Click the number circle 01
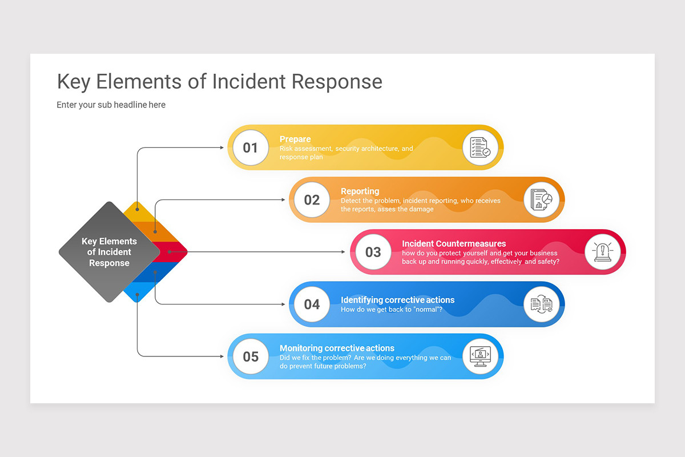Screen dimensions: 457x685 (x=251, y=147)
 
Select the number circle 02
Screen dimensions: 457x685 (x=312, y=199)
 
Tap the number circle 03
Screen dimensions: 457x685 (x=373, y=252)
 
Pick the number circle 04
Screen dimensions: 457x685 (x=312, y=304)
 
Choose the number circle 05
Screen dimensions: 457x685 (x=251, y=356)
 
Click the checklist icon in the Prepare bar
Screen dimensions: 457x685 (x=480, y=147)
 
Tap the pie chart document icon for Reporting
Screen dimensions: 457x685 (x=541, y=199)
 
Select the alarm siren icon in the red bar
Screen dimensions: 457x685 (x=602, y=252)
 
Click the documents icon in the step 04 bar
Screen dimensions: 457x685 (x=541, y=304)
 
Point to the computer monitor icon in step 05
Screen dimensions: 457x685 (x=480, y=356)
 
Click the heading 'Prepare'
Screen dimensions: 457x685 (x=295, y=139)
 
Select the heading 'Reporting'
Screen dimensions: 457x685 (x=360, y=191)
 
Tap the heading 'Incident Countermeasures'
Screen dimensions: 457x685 (x=454, y=244)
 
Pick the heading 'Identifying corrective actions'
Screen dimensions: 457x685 (x=397, y=300)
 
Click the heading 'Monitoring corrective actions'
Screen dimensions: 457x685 (x=337, y=348)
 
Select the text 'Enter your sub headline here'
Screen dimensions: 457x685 (x=111, y=105)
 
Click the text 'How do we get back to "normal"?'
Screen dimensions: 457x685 (x=392, y=310)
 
